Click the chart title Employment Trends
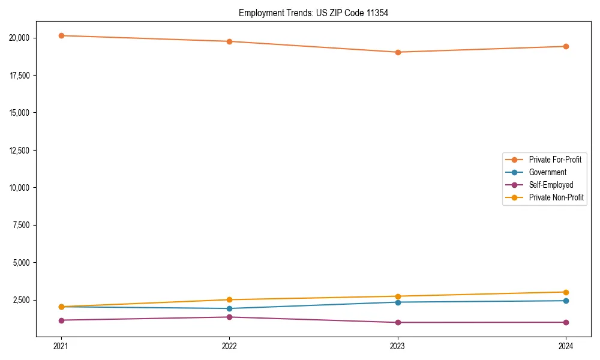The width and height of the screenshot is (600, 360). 313,13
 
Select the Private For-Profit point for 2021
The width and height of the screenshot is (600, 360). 61,35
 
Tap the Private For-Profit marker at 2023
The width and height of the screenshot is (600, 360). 398,52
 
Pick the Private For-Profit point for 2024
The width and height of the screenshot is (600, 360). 566,46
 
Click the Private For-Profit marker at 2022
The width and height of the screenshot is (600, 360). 229,41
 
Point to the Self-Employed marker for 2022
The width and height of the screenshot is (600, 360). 229,317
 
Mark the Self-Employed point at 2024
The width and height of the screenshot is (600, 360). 566,322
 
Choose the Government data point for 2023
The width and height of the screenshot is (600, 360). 398,302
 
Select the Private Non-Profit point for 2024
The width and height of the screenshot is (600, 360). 566,292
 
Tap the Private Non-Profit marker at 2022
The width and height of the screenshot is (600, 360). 229,300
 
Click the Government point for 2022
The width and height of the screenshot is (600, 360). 229,308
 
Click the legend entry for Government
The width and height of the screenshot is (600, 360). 547,172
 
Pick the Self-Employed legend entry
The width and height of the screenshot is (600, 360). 551,185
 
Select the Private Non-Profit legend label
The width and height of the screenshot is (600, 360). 556,197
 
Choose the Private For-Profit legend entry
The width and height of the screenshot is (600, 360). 555,160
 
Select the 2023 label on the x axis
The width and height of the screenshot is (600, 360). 398,346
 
